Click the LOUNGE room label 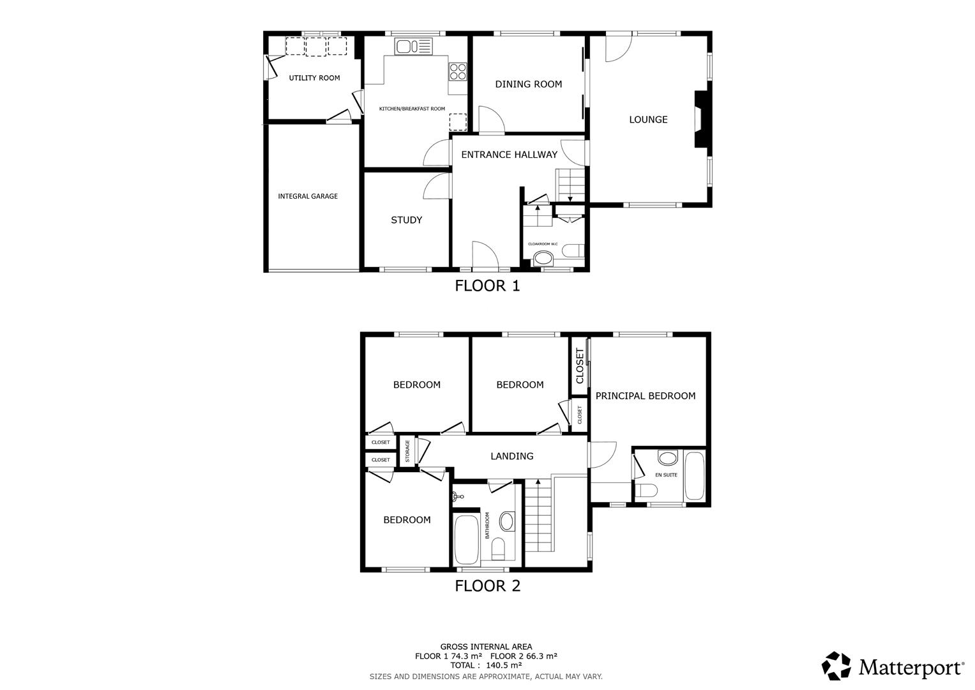(648, 119)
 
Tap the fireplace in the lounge (701, 119)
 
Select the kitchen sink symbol (413, 46)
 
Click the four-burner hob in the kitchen (458, 71)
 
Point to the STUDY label (406, 220)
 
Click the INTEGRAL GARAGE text (308, 197)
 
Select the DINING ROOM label (528, 84)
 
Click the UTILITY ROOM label (314, 78)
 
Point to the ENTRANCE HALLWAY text (509, 155)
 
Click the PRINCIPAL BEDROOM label (645, 396)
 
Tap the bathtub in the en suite (694, 476)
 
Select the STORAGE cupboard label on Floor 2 (407, 451)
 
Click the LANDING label (511, 456)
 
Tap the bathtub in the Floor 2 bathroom (466, 540)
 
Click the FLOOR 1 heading (487, 286)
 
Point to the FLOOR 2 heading (487, 586)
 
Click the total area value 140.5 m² (504, 665)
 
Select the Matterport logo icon (836, 666)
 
